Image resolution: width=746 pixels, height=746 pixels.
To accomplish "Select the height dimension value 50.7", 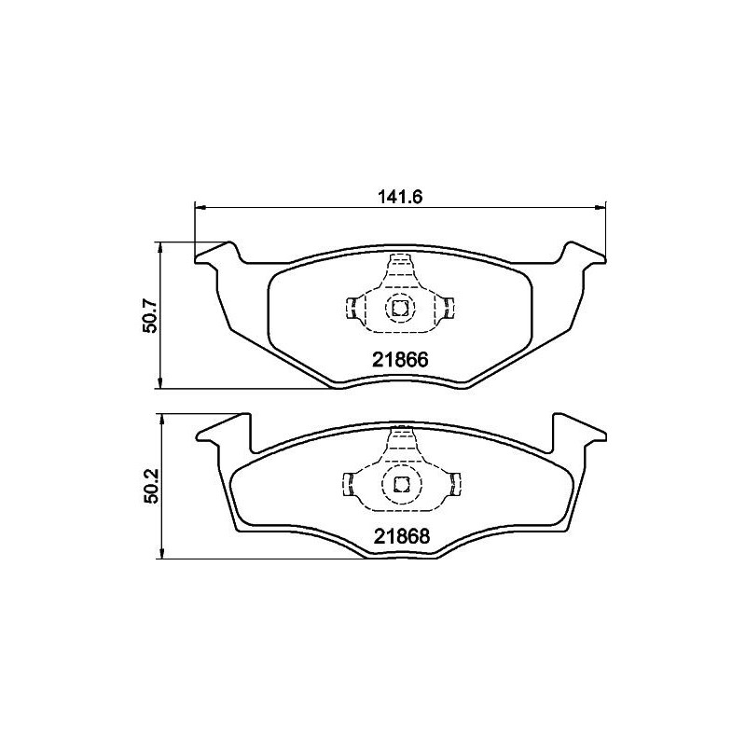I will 148,316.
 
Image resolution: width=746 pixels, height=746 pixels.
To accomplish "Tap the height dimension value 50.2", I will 148,487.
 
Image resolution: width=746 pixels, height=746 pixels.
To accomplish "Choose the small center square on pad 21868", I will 400,483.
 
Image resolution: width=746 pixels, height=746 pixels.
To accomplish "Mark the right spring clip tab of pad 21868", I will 456,483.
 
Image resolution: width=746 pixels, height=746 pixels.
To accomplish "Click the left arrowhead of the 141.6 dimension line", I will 199,207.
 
